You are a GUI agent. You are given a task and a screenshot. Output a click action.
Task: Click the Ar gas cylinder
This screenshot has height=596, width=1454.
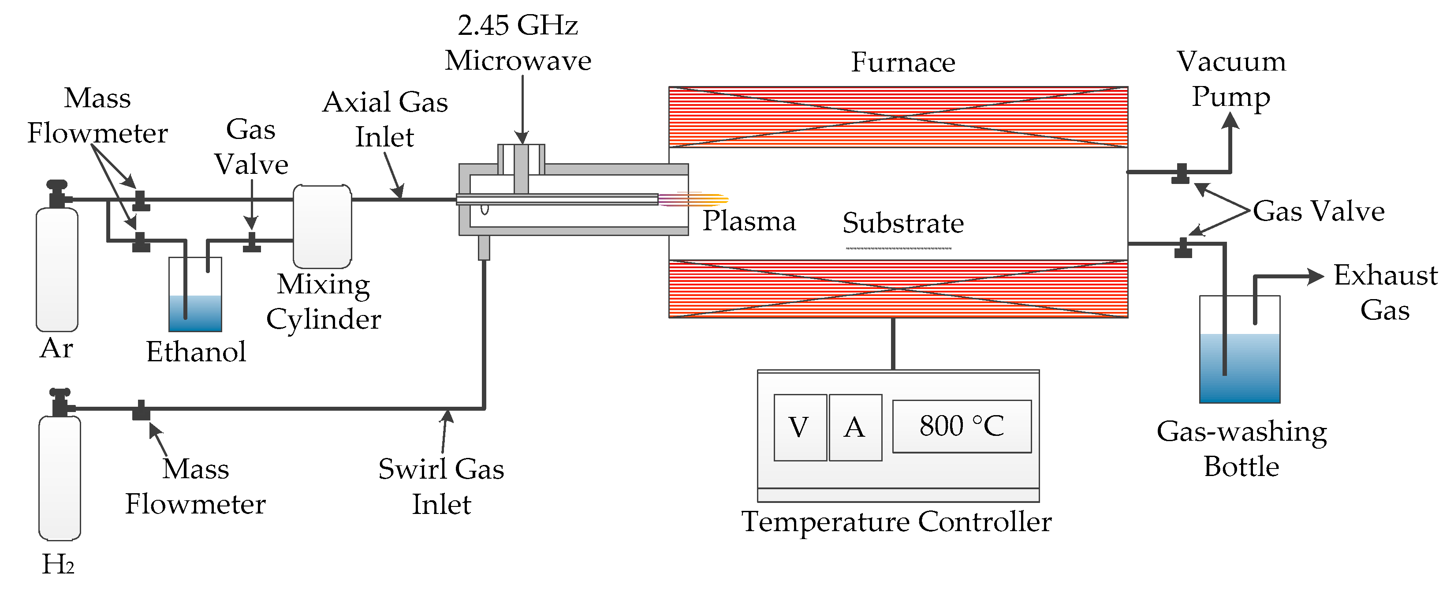(57, 268)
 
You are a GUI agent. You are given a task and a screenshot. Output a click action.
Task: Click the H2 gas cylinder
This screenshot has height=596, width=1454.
(59, 477)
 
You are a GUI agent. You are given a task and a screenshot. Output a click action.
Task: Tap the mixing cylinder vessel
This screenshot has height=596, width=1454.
(322, 226)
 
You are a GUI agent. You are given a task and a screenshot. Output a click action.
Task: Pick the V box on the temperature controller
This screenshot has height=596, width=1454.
(799, 427)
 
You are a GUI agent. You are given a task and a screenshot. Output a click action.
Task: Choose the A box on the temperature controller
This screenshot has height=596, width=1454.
(855, 427)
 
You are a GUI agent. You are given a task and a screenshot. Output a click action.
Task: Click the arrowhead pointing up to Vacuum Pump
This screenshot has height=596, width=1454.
(1230, 120)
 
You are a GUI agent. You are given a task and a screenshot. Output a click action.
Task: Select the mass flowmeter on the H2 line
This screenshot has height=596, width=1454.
(141, 411)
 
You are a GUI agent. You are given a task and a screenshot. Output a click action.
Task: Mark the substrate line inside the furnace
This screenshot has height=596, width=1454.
(898, 248)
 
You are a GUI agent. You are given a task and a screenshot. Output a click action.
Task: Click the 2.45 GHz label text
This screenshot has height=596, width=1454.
(517, 26)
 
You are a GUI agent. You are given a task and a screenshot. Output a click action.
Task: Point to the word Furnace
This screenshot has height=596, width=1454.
(902, 62)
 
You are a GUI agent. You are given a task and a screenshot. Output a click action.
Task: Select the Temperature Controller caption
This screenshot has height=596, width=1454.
(896, 521)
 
